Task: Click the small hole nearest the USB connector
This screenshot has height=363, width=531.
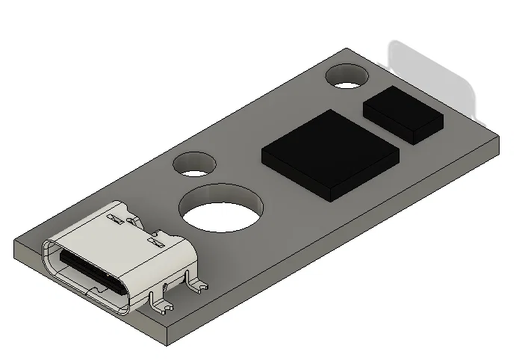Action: click(194, 165)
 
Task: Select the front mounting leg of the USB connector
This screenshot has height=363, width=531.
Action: click(160, 302)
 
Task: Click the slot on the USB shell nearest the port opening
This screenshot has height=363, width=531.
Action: click(114, 219)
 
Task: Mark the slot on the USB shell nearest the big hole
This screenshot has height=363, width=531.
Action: click(155, 242)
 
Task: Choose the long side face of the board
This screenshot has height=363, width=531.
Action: click(336, 246)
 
